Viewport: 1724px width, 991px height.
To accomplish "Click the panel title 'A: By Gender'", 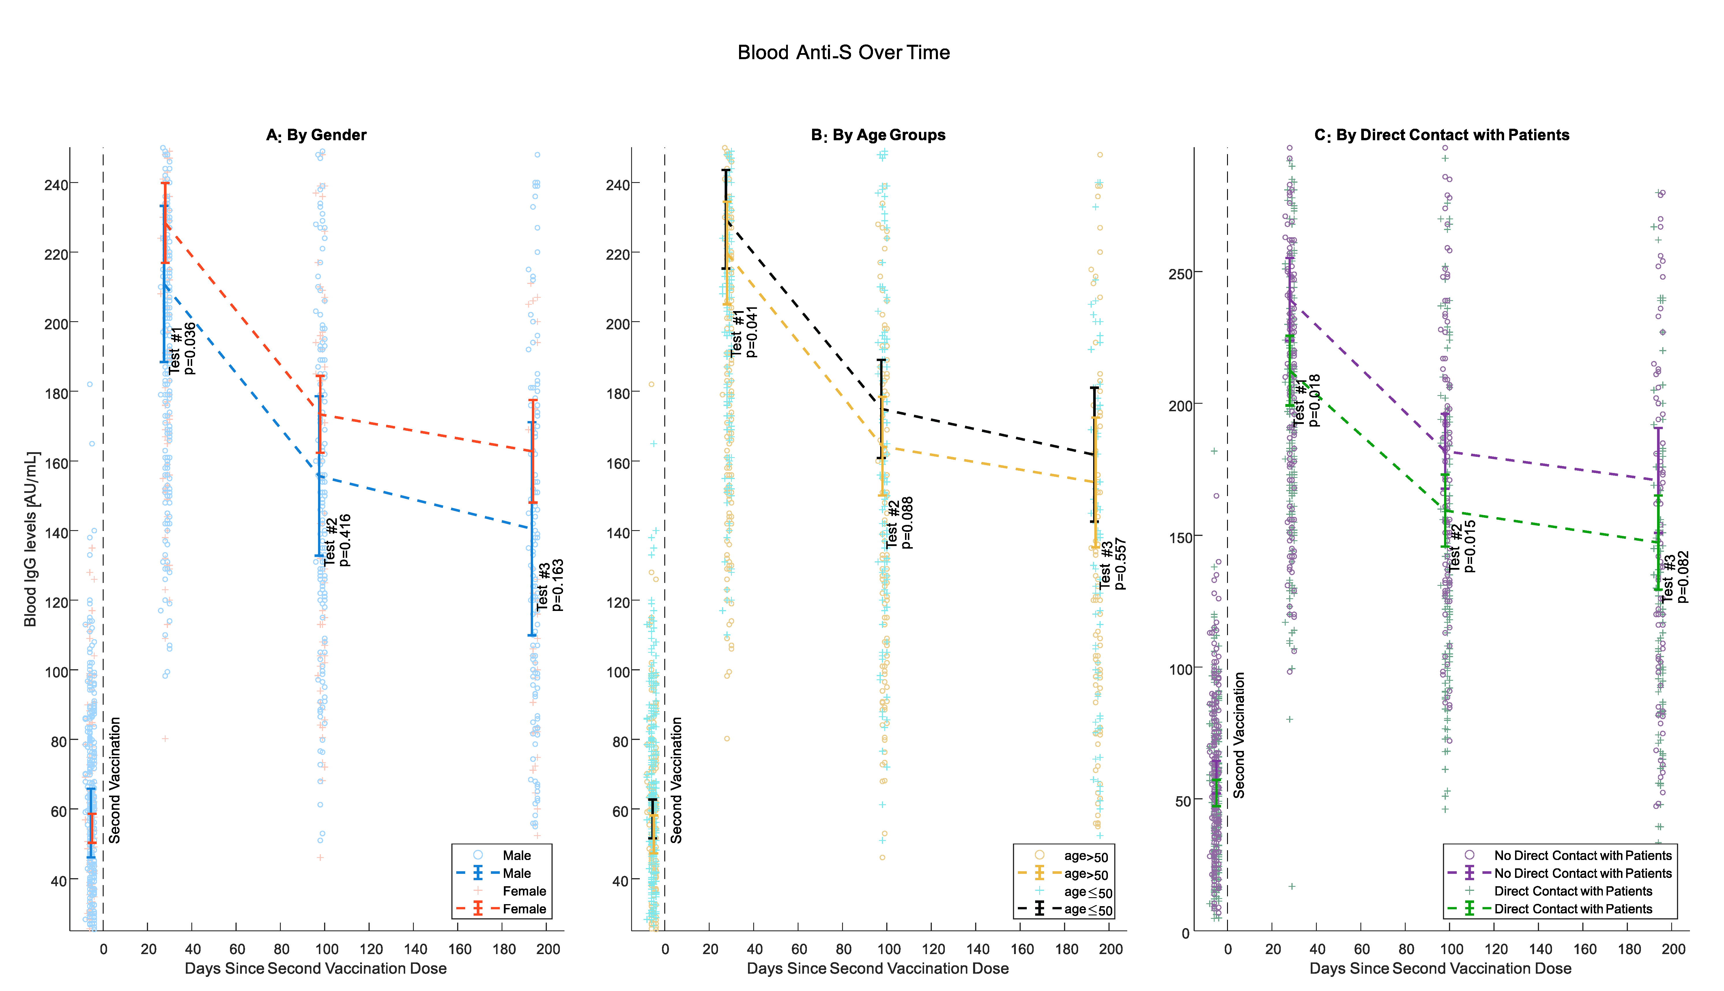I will click(x=317, y=135).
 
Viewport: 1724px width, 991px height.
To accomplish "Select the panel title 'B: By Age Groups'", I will click(x=878, y=135).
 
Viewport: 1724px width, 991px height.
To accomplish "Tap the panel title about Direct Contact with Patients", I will click(x=1441, y=135).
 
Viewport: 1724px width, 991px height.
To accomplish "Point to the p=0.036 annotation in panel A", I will click(x=190, y=349).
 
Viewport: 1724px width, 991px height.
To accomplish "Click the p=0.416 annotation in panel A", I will click(x=345, y=540).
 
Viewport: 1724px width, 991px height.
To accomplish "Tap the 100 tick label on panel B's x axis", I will click(x=888, y=949).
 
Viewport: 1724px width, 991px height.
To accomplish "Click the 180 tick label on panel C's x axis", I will click(x=1629, y=949).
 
